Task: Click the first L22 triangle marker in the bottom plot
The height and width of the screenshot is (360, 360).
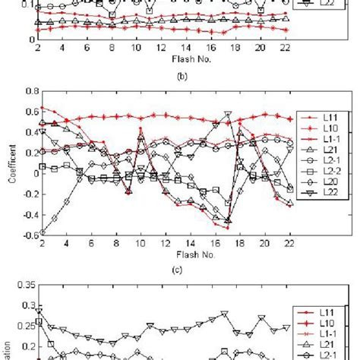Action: (x=39, y=311)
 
